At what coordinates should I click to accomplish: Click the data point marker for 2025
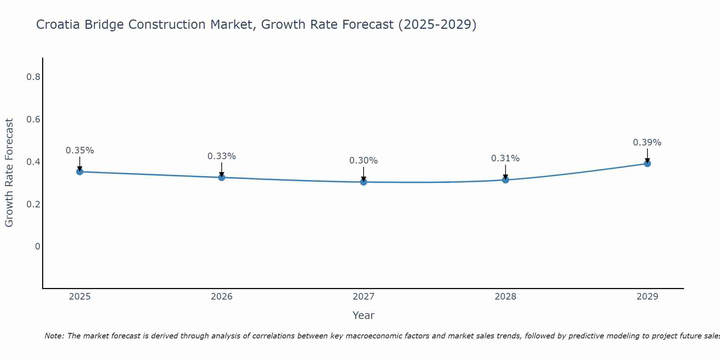pos(80,172)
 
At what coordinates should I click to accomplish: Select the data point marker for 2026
pos(222,177)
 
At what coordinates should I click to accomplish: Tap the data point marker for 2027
pos(364,182)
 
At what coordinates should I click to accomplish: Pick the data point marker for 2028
pos(505,180)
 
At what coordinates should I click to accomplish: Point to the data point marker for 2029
pos(647,163)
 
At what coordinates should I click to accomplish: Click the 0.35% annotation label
pos(80,150)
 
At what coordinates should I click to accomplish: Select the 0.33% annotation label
pos(222,156)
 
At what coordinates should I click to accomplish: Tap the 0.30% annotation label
pos(364,161)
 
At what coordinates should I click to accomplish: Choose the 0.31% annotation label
pos(505,158)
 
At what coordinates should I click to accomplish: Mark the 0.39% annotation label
pos(647,143)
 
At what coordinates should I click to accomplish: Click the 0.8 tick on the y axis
pos(33,77)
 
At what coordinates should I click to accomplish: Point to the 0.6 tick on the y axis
pos(33,119)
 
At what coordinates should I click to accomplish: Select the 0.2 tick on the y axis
pos(33,204)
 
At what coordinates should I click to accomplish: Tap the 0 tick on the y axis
pos(37,247)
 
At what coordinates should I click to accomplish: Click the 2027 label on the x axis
pos(364,297)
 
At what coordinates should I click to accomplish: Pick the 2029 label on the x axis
pos(647,297)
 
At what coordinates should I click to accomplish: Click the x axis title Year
pos(364,315)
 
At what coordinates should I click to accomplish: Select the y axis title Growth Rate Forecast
pos(9,173)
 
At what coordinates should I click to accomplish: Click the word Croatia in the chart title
pos(58,24)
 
